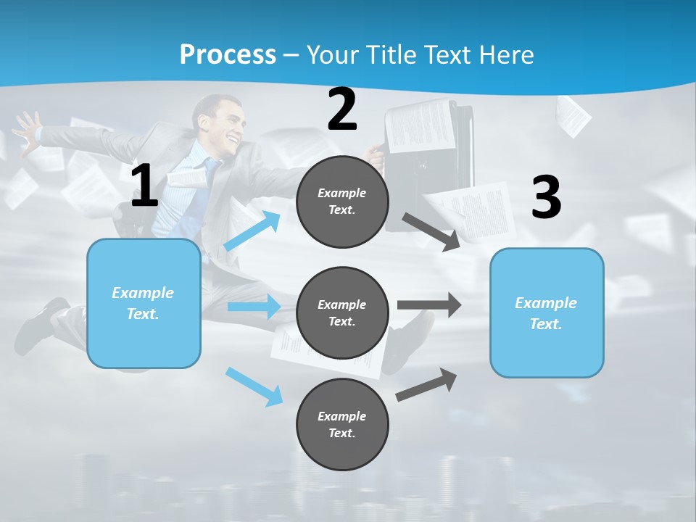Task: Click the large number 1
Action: coord(144,187)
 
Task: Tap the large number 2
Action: coord(342,110)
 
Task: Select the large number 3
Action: coord(546,198)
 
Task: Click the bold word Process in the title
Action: coord(228,54)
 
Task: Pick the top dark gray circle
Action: coord(342,202)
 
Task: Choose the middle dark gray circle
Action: coord(342,313)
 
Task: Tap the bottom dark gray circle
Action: coord(342,425)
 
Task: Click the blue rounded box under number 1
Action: coord(144,303)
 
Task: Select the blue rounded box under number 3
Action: coord(546,313)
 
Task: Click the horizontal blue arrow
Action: coord(254,307)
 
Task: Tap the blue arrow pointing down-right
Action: coord(254,386)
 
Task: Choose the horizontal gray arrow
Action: coord(429,304)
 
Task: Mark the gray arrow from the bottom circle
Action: coord(426,385)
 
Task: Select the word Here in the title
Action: coord(505,54)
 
